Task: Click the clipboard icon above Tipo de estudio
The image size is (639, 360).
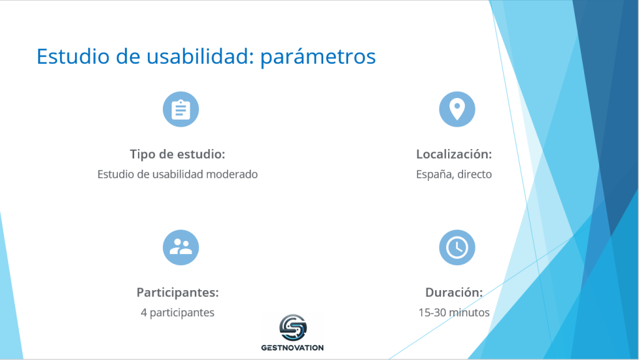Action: pyautogui.click(x=180, y=109)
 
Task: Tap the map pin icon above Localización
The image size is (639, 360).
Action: pyautogui.click(x=457, y=109)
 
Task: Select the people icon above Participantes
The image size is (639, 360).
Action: pyautogui.click(x=180, y=247)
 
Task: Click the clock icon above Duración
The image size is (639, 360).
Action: pyautogui.click(x=457, y=247)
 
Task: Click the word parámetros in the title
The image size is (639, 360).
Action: pyautogui.click(x=318, y=56)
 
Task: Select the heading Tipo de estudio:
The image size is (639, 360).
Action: pyautogui.click(x=177, y=154)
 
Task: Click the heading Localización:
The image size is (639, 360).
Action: pyautogui.click(x=454, y=154)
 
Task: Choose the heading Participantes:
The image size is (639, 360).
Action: pyautogui.click(x=178, y=293)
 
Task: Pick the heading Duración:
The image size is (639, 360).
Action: pyautogui.click(x=454, y=293)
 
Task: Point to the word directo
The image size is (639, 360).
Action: pyautogui.click(x=474, y=174)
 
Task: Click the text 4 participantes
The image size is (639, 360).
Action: pyautogui.click(x=177, y=313)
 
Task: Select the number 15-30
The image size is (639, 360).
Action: pyautogui.click(x=432, y=313)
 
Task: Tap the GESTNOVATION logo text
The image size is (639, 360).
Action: pyautogui.click(x=293, y=348)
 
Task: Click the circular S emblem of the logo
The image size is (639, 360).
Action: pyautogui.click(x=293, y=328)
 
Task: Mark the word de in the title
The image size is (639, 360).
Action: pyautogui.click(x=128, y=56)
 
